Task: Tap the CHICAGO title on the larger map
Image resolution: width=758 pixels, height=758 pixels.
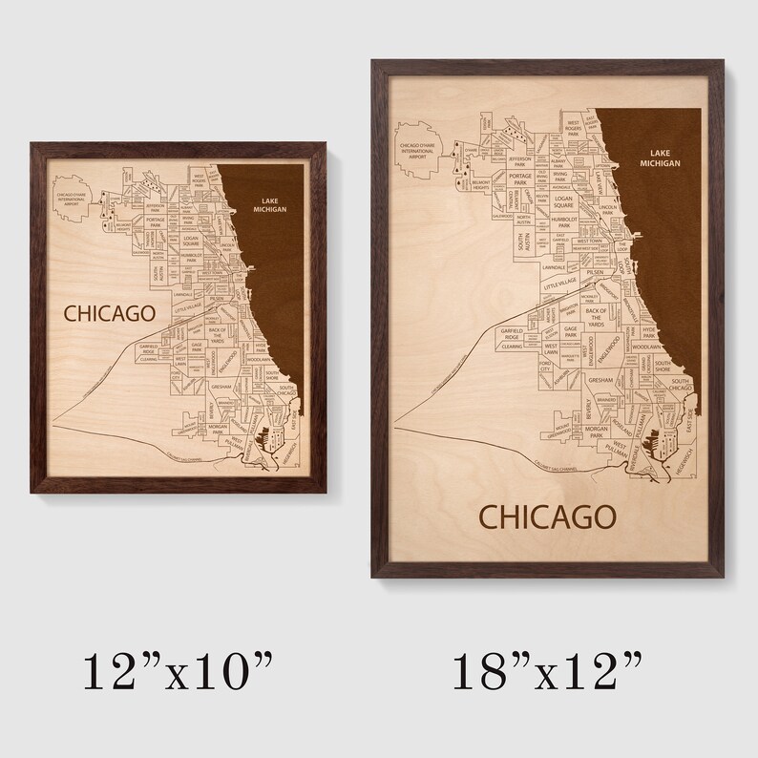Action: (x=546, y=516)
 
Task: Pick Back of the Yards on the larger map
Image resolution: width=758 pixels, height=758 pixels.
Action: (x=597, y=317)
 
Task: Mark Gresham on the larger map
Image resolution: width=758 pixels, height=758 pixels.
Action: (x=600, y=380)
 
